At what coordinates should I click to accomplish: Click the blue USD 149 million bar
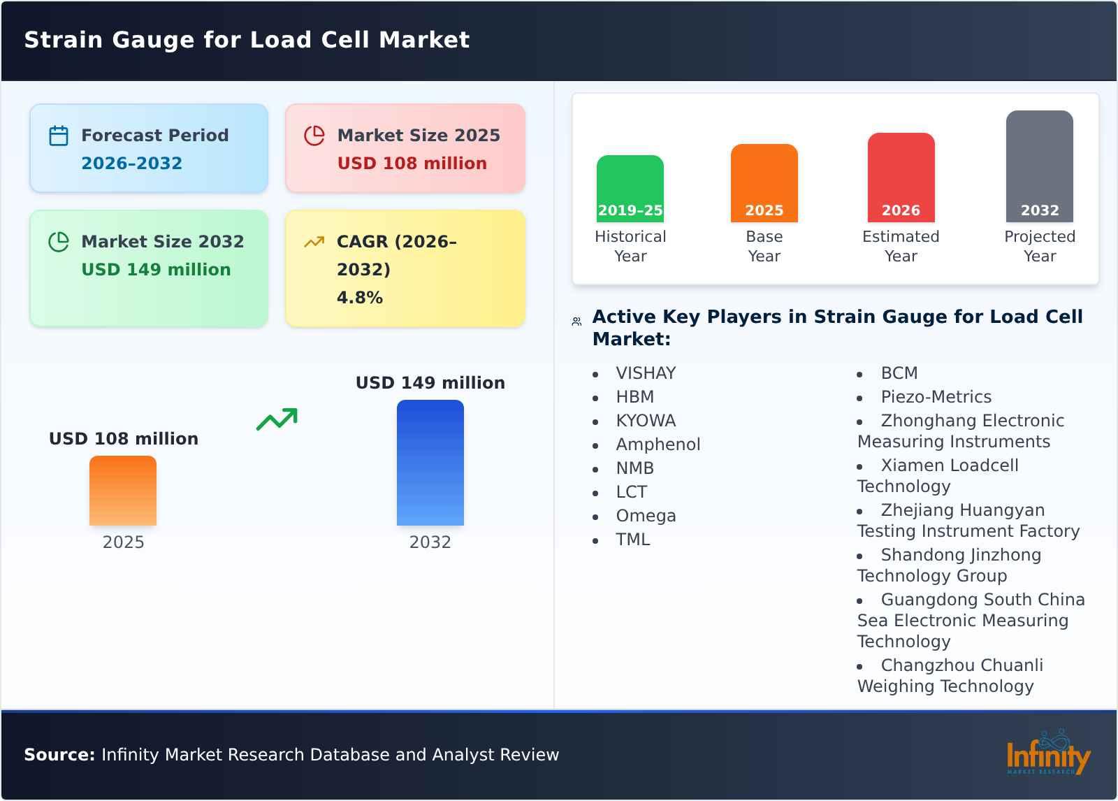(x=430, y=462)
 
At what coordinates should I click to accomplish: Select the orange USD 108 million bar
(x=123, y=490)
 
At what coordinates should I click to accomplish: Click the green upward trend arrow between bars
(x=277, y=419)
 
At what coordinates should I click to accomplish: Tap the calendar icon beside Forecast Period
(x=59, y=136)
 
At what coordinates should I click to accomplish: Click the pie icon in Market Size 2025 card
(x=314, y=136)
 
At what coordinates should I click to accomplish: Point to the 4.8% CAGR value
(x=359, y=298)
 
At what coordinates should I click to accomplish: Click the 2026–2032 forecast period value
(x=131, y=164)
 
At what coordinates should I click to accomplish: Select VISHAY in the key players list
(x=646, y=373)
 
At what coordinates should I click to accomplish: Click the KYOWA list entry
(x=646, y=421)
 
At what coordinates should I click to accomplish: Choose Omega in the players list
(x=646, y=516)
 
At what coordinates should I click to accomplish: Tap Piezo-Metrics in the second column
(x=936, y=397)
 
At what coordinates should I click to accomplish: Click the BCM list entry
(x=899, y=373)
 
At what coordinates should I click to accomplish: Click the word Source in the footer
(x=59, y=755)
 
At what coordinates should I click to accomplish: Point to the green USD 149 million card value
(x=156, y=270)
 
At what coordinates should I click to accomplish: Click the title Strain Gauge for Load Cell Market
(x=247, y=40)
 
